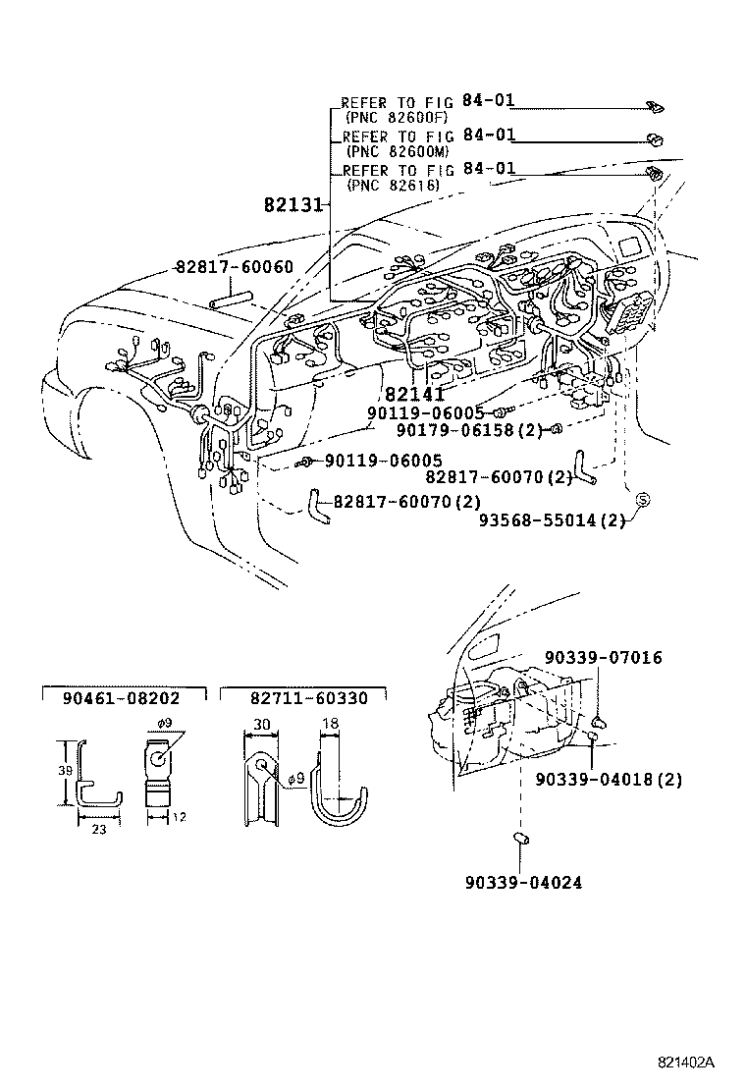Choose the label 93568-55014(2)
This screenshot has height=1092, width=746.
[x=552, y=520]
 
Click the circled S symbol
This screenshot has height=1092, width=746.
[x=644, y=501]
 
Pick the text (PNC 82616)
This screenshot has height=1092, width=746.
[x=392, y=185]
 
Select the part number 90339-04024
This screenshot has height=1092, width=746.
[x=523, y=882]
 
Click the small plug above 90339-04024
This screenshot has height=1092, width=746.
[x=522, y=840]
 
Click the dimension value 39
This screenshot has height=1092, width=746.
[x=63, y=771]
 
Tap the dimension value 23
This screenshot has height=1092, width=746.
[x=99, y=829]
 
